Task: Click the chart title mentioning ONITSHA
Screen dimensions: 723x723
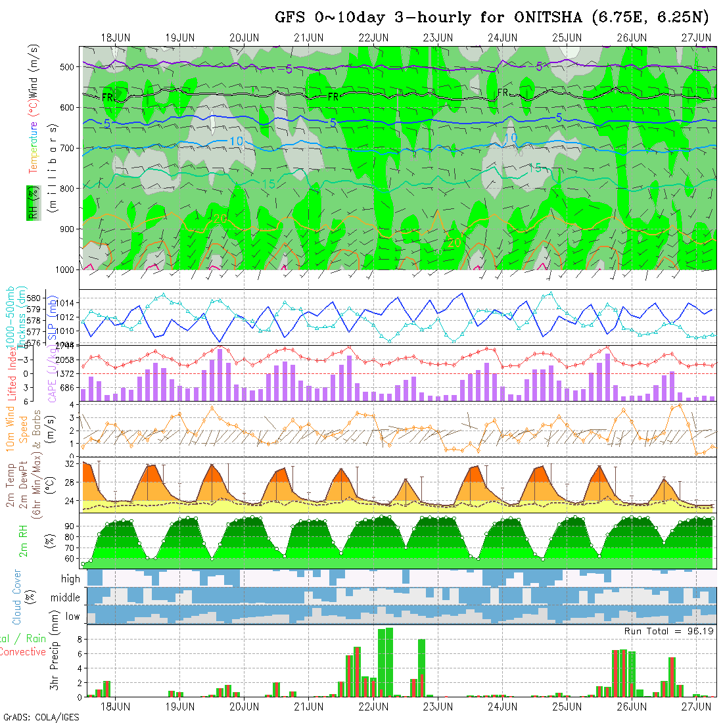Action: pos(493,18)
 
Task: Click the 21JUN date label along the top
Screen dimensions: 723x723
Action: pos(308,37)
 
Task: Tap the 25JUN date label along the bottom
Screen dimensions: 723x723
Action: pos(567,707)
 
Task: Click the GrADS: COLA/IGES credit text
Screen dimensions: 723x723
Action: pos(41,717)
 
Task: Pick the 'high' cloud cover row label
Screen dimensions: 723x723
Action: pos(70,579)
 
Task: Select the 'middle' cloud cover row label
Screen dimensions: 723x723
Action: pos(66,597)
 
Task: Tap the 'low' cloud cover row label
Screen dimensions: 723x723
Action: pos(72,616)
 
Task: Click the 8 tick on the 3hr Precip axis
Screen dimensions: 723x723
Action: pos(77,638)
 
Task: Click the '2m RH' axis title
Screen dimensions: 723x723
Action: pos(24,540)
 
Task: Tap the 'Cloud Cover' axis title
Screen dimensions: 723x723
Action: pos(17,597)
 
